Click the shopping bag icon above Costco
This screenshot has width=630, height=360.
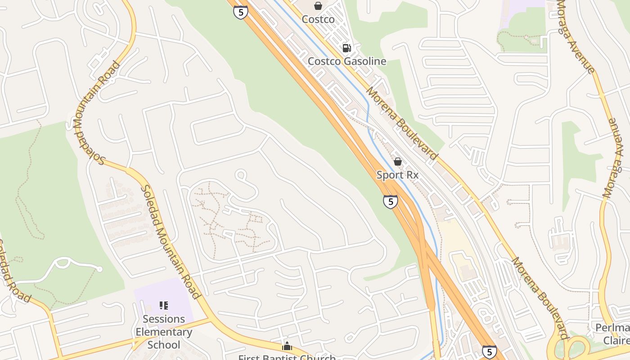coord(318,6)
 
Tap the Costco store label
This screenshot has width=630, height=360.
coord(318,19)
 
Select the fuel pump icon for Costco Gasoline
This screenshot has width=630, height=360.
coord(347,48)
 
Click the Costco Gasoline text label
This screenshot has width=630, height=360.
coord(347,61)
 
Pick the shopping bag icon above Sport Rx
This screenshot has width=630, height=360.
coord(398,162)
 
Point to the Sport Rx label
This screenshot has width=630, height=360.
coord(398,175)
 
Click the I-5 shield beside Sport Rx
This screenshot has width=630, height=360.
coord(390,202)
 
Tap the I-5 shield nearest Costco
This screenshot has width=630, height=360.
coord(241,12)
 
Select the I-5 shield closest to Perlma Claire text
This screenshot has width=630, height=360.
coord(489,351)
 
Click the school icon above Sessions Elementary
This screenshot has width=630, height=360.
coord(164,306)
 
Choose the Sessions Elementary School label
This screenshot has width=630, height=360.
coord(164,332)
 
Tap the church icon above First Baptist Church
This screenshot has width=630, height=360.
coord(287,346)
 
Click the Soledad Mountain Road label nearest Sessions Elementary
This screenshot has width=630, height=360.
coord(170,242)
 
